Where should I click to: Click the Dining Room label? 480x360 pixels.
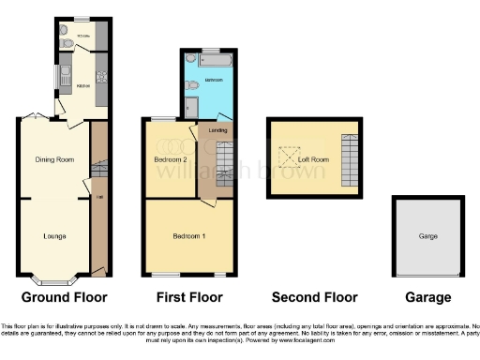click(53, 159)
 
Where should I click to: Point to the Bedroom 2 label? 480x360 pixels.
click(172, 159)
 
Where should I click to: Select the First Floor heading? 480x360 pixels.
click(187, 297)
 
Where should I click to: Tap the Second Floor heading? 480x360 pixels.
click(314, 297)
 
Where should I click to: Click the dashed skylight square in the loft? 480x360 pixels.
click(285, 156)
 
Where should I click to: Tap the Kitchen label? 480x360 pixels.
click(69, 85)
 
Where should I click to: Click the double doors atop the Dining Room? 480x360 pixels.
click(35, 116)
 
